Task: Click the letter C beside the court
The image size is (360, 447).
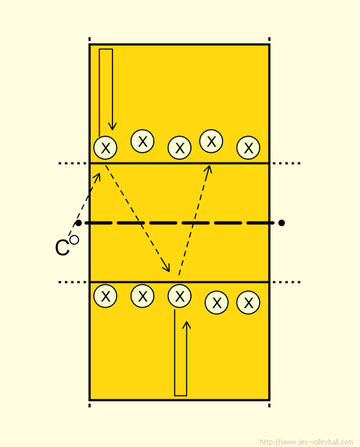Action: pos(62,247)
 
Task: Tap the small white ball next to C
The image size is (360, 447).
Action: pos(74,240)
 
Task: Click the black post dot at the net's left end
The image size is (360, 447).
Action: pos(78,223)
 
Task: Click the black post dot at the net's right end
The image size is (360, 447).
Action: pos(282,223)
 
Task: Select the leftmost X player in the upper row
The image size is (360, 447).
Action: pos(105,148)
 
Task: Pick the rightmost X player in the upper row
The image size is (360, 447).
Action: pos(248,148)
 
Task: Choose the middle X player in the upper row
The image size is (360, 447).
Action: pos(179,148)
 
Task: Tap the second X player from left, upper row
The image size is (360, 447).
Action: pos(142,141)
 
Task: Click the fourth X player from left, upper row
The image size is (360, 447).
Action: pos(211,141)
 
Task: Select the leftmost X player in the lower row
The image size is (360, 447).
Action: pos(105,296)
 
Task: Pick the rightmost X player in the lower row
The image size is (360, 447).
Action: pos(248,302)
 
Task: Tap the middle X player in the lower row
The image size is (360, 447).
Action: pos(179,296)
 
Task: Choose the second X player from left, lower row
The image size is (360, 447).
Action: pos(142,296)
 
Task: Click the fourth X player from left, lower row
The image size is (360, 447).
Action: pos(217,302)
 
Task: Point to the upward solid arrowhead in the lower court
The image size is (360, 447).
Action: pos(186,325)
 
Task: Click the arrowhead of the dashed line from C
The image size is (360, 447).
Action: pos(98,177)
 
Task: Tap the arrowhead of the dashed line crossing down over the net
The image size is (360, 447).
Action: pos(166,267)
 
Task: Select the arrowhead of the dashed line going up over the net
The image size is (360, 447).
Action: pos(208,169)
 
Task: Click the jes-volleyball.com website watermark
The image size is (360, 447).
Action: pos(307,442)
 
